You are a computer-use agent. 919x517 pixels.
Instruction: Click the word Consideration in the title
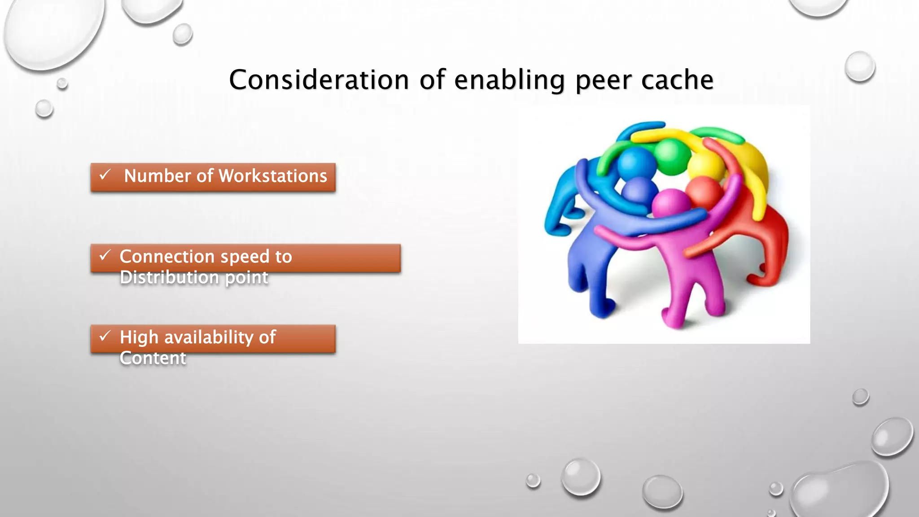coord(319,80)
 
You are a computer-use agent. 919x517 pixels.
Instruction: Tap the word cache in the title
coord(677,80)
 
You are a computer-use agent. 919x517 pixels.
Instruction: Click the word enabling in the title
coord(509,80)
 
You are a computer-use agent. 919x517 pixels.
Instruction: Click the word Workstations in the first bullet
coord(273,176)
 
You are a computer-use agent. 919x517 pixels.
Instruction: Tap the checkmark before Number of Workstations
coord(105,175)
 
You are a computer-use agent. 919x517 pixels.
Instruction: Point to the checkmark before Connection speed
coord(105,255)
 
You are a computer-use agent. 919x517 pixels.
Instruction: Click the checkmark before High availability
coord(105,336)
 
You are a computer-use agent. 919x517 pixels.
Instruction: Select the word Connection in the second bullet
coord(167,257)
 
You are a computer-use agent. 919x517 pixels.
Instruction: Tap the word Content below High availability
coord(153,358)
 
